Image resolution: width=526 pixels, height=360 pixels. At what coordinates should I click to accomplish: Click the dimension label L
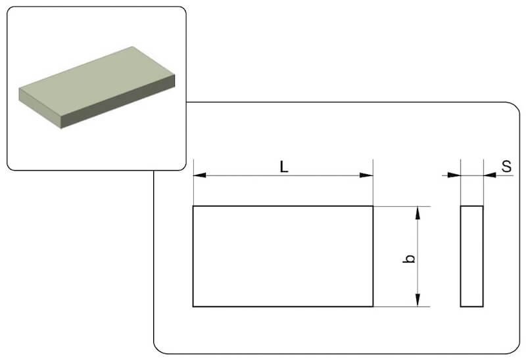click(x=284, y=167)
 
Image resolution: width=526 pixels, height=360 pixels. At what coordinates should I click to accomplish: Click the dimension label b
click(x=409, y=258)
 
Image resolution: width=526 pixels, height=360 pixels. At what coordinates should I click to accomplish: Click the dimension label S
click(x=506, y=166)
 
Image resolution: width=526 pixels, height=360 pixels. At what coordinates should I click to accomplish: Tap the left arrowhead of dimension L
click(x=200, y=175)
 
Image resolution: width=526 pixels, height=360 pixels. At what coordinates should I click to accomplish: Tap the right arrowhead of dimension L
click(x=366, y=175)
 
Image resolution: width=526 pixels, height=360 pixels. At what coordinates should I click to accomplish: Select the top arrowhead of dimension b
click(x=418, y=213)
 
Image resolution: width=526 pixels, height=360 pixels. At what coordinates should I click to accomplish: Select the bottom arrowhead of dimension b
click(x=418, y=300)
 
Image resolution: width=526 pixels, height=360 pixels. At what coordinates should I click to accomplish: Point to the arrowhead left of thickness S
click(x=454, y=175)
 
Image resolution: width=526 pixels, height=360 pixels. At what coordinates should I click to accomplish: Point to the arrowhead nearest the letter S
click(x=490, y=175)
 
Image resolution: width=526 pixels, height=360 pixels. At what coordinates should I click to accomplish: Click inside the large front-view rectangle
click(x=283, y=256)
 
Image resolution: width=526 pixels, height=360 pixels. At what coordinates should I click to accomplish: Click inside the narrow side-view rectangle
click(x=471, y=256)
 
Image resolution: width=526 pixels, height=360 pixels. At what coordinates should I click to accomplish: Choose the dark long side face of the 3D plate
click(x=118, y=102)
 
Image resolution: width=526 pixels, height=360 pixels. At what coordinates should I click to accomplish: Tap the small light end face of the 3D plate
click(x=40, y=108)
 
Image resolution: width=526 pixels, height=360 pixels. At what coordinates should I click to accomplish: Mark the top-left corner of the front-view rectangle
click(x=193, y=206)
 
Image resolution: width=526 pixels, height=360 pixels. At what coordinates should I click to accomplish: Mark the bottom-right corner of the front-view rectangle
click(x=373, y=306)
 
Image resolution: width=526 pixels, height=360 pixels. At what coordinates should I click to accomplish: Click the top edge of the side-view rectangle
click(x=471, y=206)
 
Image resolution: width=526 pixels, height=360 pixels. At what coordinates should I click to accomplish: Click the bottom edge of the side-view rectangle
click(x=471, y=306)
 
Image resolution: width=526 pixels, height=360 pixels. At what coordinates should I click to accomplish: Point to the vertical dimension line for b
click(x=418, y=256)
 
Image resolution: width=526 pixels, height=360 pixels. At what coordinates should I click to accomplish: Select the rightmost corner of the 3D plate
click(x=175, y=75)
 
